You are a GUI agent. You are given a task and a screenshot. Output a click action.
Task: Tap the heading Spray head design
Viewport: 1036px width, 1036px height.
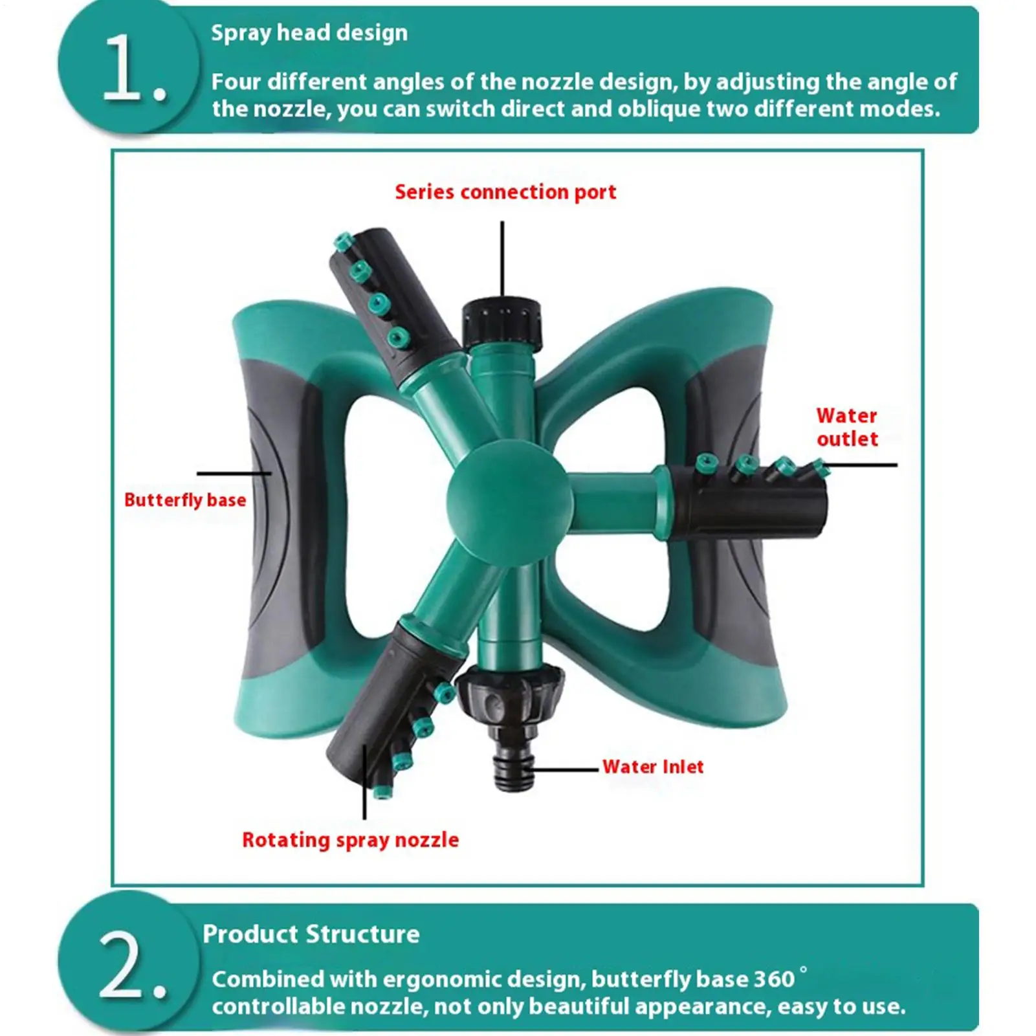(x=309, y=32)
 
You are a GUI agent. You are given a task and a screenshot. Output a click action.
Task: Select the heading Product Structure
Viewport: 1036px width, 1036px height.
(x=311, y=934)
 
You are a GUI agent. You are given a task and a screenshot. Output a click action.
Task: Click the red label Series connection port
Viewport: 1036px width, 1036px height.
(x=505, y=192)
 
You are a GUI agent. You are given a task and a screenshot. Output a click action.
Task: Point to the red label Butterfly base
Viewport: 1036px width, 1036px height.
(x=185, y=500)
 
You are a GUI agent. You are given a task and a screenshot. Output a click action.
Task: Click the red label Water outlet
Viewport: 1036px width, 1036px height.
(x=846, y=427)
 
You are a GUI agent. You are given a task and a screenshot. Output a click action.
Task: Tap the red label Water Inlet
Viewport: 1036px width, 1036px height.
(x=652, y=767)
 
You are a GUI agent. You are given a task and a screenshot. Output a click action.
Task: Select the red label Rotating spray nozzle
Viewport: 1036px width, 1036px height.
(x=350, y=840)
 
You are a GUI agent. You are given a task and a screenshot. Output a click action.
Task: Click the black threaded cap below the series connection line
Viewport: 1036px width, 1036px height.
(x=501, y=322)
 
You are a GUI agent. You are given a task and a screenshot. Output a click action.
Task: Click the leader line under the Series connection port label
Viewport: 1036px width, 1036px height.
(x=502, y=259)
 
